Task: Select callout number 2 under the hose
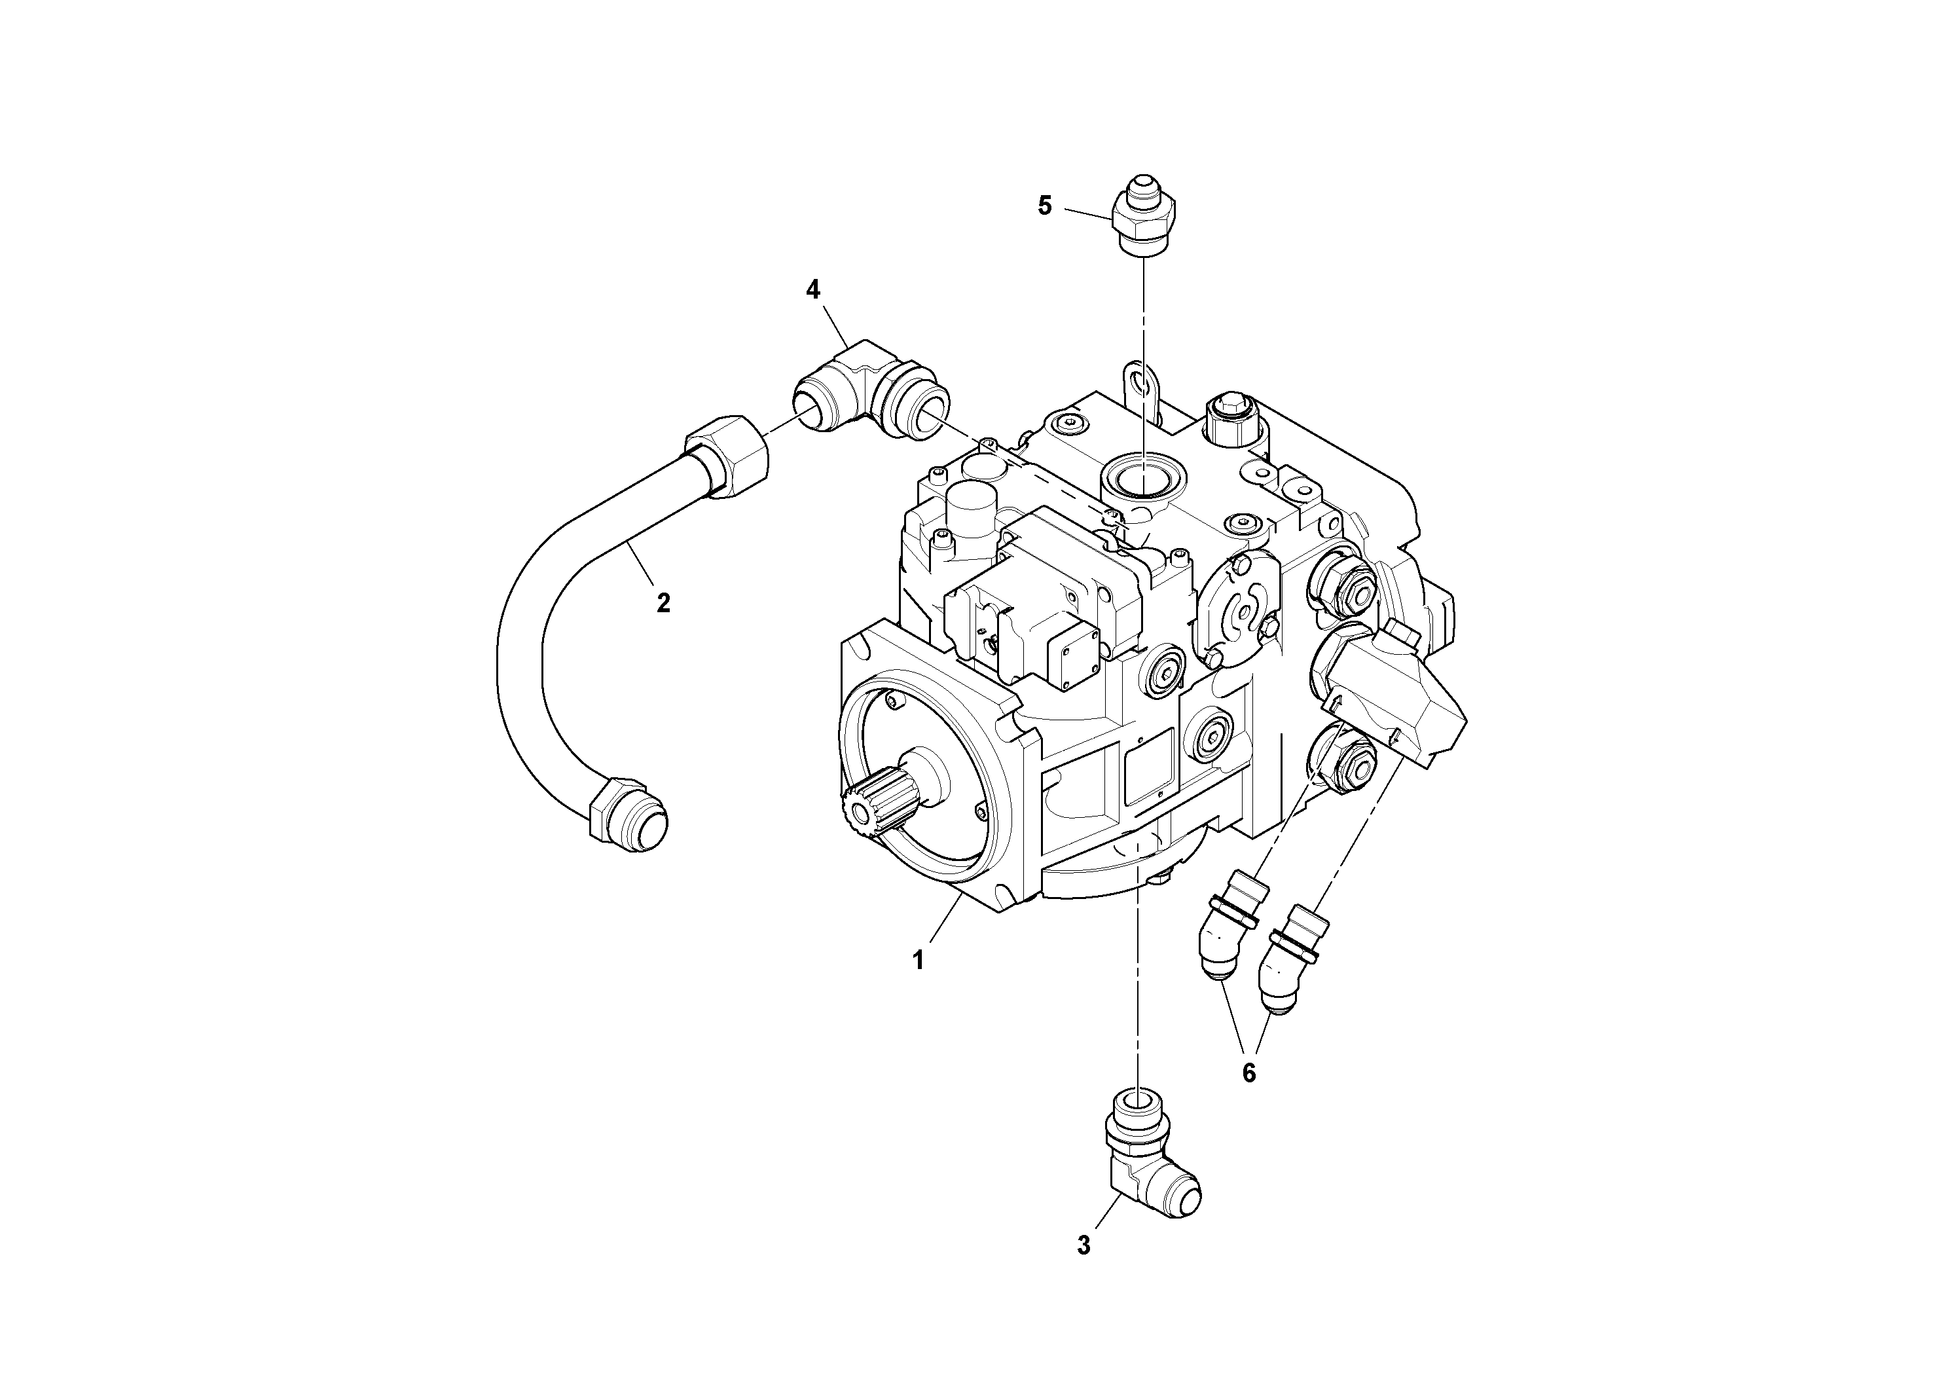tap(663, 603)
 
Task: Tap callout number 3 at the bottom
tap(1083, 1245)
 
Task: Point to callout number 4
tap(812, 289)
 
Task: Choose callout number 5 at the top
tap(1045, 206)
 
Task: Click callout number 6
tap(1248, 1073)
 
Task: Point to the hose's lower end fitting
tap(628, 816)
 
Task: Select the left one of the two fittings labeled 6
tap(1227, 934)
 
